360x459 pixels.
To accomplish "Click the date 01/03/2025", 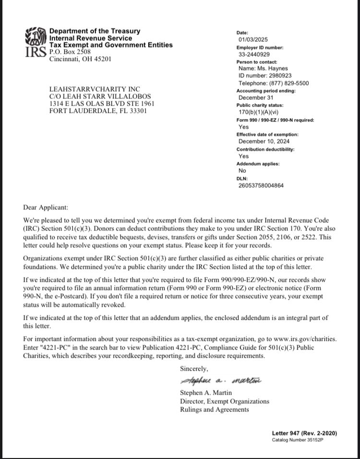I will tap(252, 39).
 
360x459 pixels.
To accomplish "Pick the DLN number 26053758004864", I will tap(261, 185).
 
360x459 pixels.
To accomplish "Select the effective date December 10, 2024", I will tap(264, 141).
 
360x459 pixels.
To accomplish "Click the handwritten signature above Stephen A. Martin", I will tap(220, 382).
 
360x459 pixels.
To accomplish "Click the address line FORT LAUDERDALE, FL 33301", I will tap(98, 111).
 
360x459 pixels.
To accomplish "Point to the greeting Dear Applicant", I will tap(46, 207).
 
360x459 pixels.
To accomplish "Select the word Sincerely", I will tap(194, 369).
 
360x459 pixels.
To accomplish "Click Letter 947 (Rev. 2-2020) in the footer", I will tap(304, 433).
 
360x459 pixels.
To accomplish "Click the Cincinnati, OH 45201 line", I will tap(80, 59).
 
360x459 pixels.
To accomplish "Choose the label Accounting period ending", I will tap(266, 90).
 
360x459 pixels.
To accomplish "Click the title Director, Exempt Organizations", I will tap(224, 401).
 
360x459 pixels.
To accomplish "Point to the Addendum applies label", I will tap(258, 164).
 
